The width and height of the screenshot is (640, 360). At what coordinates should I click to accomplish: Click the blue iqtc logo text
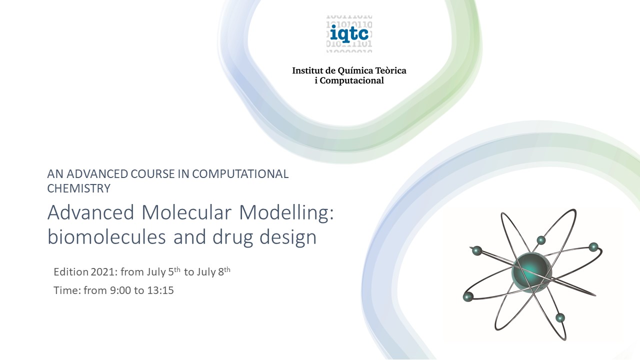point(349,33)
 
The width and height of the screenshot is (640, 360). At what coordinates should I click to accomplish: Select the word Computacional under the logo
point(351,80)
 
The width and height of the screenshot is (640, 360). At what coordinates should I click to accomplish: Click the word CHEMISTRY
point(79,188)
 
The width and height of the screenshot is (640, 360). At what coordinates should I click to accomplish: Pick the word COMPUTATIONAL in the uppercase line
point(240,174)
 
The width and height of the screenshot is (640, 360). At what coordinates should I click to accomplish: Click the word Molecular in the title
point(186,212)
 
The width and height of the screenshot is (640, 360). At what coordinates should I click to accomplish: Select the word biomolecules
point(106,237)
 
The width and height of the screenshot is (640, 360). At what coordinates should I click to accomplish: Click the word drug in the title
point(233,237)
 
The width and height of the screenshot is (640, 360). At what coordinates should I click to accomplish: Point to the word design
point(288,237)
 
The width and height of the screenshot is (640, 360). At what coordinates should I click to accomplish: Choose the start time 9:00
point(120,290)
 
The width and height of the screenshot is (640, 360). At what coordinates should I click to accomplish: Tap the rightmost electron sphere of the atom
point(593,247)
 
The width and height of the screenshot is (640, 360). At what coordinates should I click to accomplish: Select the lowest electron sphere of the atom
point(560,317)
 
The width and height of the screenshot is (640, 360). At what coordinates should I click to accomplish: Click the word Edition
point(71,272)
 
